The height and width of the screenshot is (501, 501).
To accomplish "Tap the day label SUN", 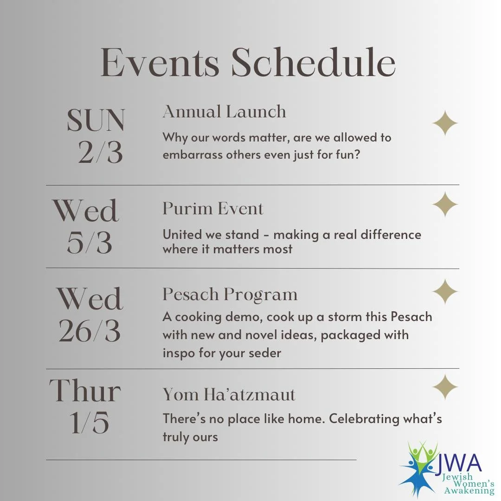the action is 96,121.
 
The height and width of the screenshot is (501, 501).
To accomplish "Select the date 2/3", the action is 100,152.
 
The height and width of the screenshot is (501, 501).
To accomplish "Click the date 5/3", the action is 90,243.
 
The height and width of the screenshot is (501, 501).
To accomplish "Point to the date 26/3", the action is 90,331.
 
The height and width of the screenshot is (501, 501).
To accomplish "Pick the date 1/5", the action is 90,422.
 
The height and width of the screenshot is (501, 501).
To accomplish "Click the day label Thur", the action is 85,391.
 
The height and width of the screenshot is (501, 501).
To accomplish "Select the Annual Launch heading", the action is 225,112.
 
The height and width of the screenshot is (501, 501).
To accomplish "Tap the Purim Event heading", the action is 213,209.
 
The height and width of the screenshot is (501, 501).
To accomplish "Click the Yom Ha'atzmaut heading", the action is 229,394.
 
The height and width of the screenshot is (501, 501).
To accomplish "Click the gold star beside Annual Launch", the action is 445,123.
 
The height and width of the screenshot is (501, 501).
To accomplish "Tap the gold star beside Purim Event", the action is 445,205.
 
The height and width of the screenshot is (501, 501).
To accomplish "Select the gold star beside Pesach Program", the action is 445,292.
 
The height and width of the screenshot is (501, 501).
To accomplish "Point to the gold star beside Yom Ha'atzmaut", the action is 445,387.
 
